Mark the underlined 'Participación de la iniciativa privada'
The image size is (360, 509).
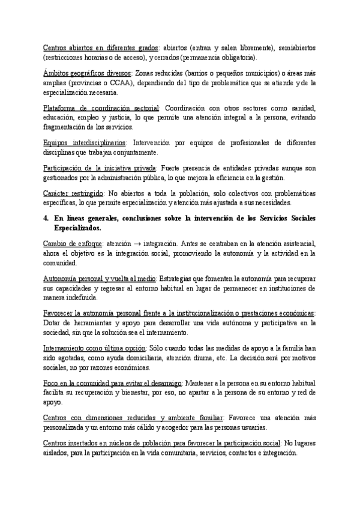pyautogui.click(x=100, y=168)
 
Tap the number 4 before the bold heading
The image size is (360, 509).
pyautogui.click(x=47, y=218)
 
